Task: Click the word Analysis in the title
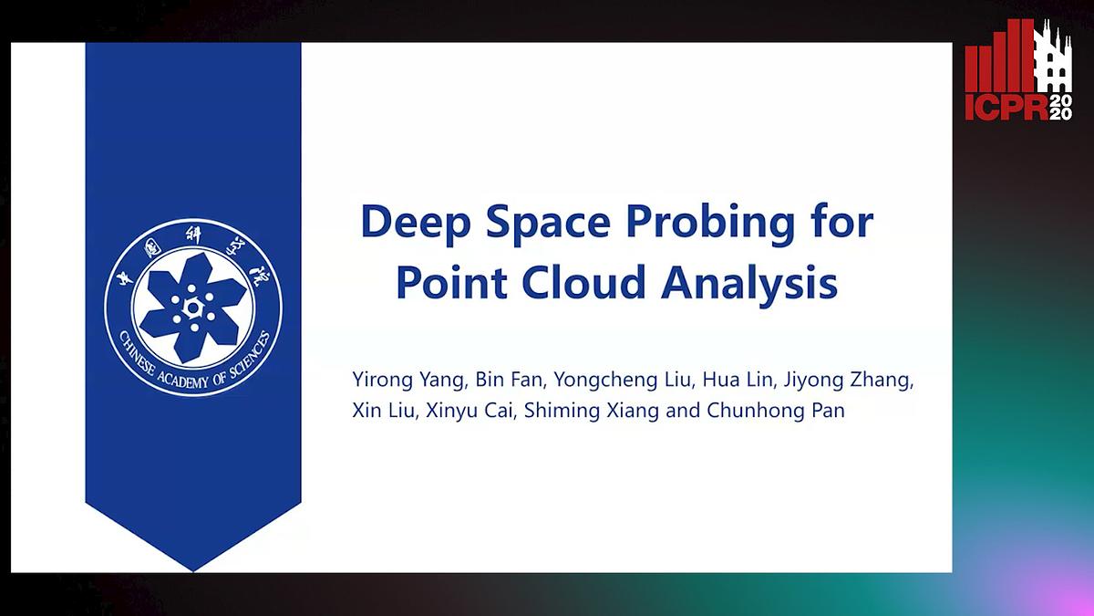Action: click(749, 283)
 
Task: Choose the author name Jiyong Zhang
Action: click(848, 380)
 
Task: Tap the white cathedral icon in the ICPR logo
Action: click(1054, 60)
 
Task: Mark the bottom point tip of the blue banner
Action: click(193, 569)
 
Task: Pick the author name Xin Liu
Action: click(383, 411)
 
